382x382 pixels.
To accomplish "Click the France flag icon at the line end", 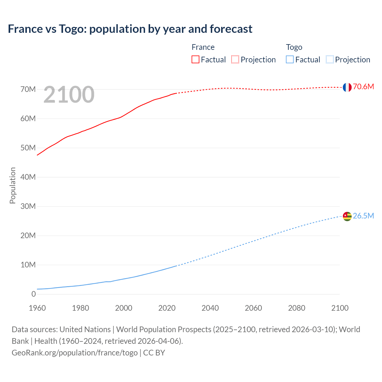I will point(347,87).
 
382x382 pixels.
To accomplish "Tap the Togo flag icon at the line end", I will point(347,216).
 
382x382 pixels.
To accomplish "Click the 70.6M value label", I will point(363,87).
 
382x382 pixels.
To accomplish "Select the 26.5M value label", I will point(363,216).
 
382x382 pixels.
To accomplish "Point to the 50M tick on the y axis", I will point(28,148).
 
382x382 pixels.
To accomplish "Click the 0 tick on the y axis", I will point(33,294).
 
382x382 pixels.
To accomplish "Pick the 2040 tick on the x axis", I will point(210,308).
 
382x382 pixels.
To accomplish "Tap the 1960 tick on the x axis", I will point(37,308).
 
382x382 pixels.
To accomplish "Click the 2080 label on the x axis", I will point(297,308).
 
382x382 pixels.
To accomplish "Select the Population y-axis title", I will point(13,185).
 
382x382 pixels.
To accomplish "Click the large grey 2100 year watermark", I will point(69,95).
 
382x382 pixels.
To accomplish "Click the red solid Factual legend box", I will point(195,59).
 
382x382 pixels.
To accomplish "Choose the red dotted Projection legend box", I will point(235,59).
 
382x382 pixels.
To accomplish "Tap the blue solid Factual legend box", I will point(290,59).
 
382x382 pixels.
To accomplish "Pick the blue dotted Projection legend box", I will point(329,59).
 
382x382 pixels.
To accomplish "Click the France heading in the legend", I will point(203,47).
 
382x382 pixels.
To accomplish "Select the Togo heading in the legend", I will point(294,47).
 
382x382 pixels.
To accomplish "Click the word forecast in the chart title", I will point(231,29).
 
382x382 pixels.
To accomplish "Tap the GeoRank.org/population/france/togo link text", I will point(75,352).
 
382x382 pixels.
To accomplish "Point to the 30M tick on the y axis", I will point(28,206).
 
